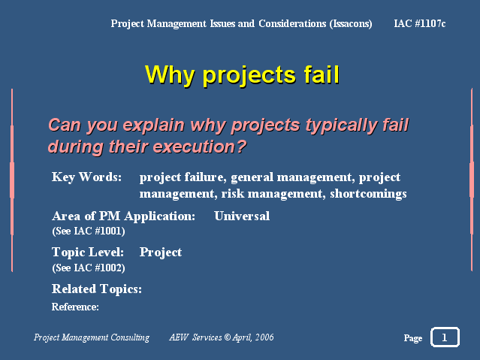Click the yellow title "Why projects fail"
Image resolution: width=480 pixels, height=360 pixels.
pyautogui.click(x=242, y=74)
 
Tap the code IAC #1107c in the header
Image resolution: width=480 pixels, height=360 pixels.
pyautogui.click(x=420, y=23)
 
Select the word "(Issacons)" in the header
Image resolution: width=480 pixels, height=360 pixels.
pyautogui.click(x=351, y=24)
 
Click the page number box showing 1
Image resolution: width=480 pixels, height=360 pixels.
pyautogui.click(x=445, y=337)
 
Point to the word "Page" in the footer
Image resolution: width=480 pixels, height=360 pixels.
pyautogui.click(x=413, y=338)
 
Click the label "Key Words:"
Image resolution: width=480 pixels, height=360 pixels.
pyautogui.click(x=86, y=177)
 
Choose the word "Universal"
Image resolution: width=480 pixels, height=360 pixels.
pyautogui.click(x=242, y=216)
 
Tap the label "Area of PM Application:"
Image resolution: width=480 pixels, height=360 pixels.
pyautogui.click(x=123, y=216)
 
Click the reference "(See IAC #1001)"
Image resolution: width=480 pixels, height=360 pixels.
pyautogui.click(x=89, y=231)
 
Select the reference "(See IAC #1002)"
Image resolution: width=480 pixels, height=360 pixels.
pyautogui.click(x=89, y=268)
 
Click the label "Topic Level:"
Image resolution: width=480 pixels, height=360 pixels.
pyautogui.click(x=88, y=253)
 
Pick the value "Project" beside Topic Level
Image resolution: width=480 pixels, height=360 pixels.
pyautogui.click(x=161, y=253)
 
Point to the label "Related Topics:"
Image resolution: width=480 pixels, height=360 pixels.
pyautogui.click(x=97, y=289)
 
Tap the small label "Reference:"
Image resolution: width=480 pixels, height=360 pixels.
pyautogui.click(x=75, y=307)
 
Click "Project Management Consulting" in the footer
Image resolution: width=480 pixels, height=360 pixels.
pyautogui.click(x=92, y=337)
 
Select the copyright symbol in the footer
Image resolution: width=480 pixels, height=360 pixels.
pyautogui.click(x=227, y=337)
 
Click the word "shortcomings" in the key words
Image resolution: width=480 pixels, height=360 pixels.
pyautogui.click(x=368, y=194)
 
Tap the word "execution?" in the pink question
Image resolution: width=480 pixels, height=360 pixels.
pyautogui.click(x=200, y=147)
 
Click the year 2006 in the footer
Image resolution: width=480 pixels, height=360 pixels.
pyautogui.click(x=264, y=337)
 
